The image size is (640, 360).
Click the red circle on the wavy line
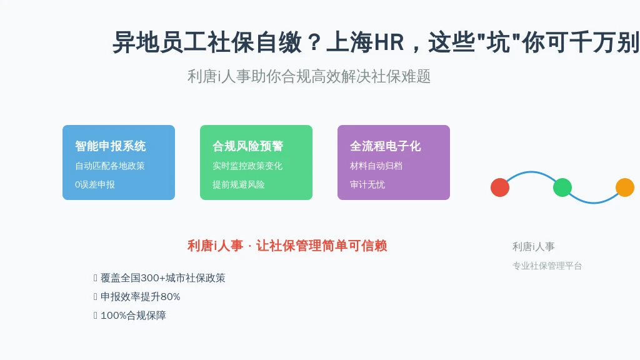(500, 187)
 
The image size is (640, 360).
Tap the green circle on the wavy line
(562, 187)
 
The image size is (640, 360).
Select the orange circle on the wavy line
(625, 187)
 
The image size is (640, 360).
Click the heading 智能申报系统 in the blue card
(111, 146)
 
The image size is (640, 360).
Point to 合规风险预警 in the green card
(247, 146)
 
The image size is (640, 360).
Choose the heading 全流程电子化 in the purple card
(385, 146)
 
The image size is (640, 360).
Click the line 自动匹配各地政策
(110, 166)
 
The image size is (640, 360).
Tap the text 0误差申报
(95, 184)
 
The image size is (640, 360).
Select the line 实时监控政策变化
(247, 166)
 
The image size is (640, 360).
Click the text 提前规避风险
(238, 184)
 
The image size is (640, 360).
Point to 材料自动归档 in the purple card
(376, 166)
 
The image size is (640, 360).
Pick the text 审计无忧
(367, 184)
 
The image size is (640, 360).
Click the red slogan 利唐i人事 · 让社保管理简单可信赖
(287, 246)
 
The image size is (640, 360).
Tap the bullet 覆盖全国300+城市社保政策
(163, 278)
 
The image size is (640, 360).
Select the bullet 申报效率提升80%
(141, 297)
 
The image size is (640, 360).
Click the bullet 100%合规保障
(133, 316)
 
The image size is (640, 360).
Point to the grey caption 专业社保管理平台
(547, 266)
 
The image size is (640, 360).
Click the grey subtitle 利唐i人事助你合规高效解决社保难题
(309, 76)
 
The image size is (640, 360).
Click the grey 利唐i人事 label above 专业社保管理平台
(534, 246)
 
